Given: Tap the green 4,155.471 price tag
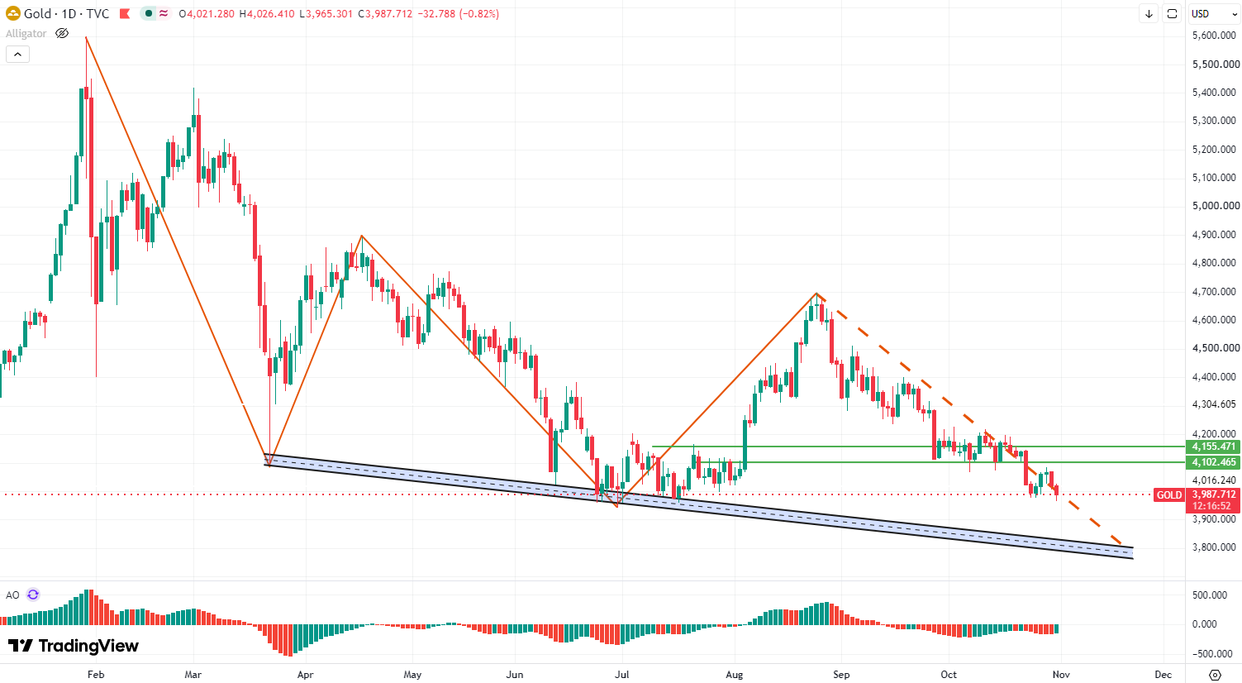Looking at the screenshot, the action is [1213, 447].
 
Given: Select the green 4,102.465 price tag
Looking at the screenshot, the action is [1213, 462].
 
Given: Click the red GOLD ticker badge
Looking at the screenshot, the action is [1168, 495].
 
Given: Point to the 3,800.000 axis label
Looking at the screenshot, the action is [1214, 547].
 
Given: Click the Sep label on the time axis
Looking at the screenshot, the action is [841, 675].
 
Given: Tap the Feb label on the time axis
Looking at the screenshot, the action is [96, 675].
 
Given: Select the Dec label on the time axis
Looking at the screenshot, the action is [1163, 675].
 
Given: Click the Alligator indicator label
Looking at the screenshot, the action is [26, 33].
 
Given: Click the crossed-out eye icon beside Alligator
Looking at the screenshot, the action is [62, 33].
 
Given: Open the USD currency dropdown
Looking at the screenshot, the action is [1214, 14].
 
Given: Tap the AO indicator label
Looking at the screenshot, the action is [12, 595].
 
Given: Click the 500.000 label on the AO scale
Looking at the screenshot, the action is [1209, 595].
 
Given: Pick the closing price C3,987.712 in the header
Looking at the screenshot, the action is [385, 14].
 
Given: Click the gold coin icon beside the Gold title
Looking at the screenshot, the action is [12, 14].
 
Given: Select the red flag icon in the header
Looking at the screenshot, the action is [125, 14].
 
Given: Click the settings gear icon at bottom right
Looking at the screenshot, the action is [1215, 675].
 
